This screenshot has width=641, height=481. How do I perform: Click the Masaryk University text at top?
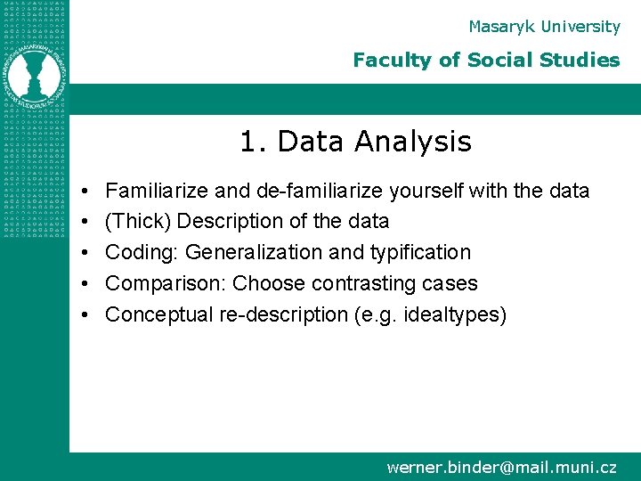coord(544,27)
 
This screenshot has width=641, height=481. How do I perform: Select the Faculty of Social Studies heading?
coord(486,61)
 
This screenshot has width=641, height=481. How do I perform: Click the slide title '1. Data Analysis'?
coord(355,141)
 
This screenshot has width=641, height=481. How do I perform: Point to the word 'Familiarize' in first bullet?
coord(157,191)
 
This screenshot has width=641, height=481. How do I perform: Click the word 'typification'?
coord(420,253)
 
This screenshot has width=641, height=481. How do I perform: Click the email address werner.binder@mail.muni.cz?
coord(501,467)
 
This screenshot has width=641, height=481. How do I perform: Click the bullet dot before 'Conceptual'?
coord(83,315)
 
